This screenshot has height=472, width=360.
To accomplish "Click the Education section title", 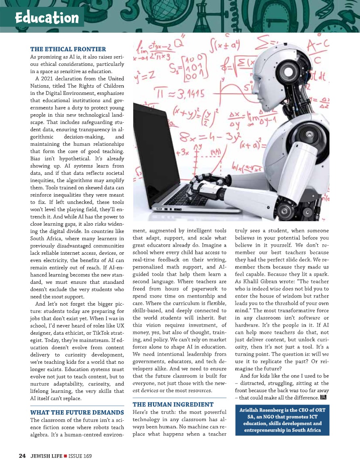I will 47,18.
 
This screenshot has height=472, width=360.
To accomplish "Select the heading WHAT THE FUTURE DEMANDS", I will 77,412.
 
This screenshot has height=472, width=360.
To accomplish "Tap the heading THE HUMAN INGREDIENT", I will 173,404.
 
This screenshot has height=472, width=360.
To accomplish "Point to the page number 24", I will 22,456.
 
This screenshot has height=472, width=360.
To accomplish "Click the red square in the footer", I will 65,456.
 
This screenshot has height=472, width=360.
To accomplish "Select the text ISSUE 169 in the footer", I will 80,456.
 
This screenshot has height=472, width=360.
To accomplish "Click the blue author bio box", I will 282,421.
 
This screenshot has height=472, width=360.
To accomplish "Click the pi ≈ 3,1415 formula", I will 182,95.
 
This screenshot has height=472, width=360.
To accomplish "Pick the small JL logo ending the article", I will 323,398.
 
